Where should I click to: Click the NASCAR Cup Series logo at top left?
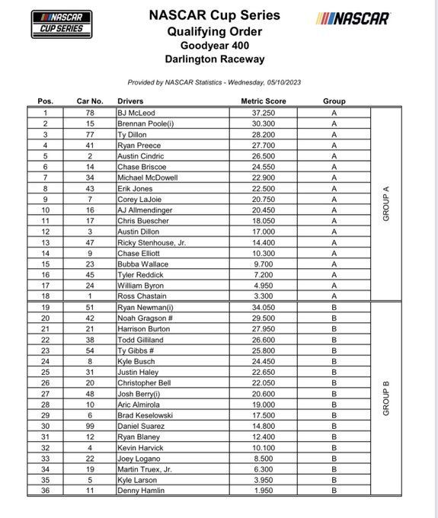[x=61, y=24]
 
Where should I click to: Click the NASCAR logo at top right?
[x=353, y=18]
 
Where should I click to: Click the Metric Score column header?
[x=263, y=101]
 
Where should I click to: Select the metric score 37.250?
[x=263, y=112]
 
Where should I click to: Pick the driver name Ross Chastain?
[x=142, y=296]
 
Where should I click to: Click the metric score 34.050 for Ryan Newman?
[x=263, y=307]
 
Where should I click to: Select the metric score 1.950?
[x=263, y=491]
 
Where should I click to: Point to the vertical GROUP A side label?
[x=386, y=204]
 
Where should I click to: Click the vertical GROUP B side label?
[x=386, y=399]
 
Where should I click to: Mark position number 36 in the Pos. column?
[x=46, y=491]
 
